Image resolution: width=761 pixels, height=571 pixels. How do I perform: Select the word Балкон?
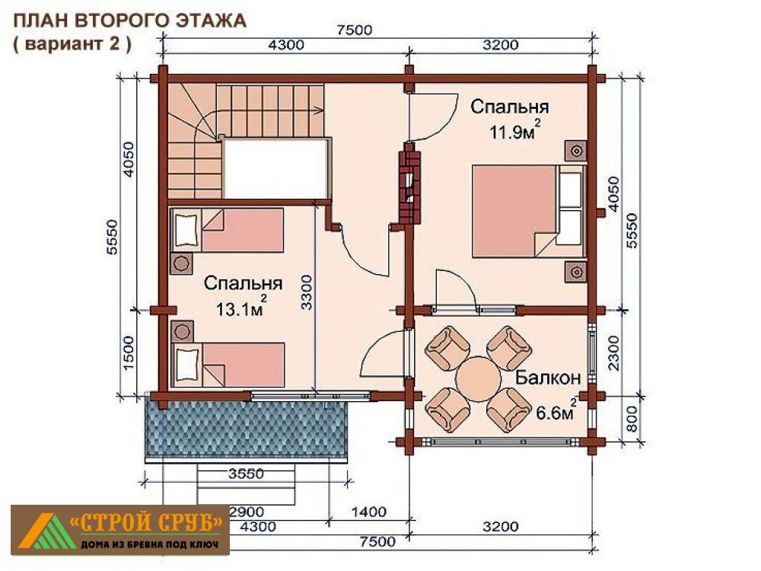pyautogui.click(x=548, y=378)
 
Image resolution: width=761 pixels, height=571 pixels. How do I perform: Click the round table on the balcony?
pyautogui.click(x=479, y=378)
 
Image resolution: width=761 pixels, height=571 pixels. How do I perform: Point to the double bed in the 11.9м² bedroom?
pyautogui.click(x=529, y=211)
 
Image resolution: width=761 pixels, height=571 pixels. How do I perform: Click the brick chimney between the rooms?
pyautogui.click(x=410, y=188)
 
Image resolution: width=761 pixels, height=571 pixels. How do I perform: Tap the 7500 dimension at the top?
pyautogui.click(x=355, y=30)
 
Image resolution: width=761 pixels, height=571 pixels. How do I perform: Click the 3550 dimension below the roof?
pyautogui.click(x=246, y=474)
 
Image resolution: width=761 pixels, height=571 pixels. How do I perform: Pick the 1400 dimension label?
pyautogui.click(x=369, y=512)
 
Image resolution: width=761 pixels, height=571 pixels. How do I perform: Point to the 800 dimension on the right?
pyautogui.click(x=632, y=419)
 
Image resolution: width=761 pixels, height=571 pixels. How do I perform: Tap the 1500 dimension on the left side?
pyautogui.click(x=128, y=353)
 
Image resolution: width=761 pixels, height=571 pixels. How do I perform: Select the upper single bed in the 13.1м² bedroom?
pyautogui.click(x=227, y=230)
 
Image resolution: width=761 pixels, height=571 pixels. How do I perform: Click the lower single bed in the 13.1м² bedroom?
pyautogui.click(x=227, y=365)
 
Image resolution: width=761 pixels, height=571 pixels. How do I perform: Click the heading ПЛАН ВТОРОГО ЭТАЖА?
pyautogui.click(x=129, y=21)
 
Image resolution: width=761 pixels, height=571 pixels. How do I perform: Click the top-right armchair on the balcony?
pyautogui.click(x=508, y=347)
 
